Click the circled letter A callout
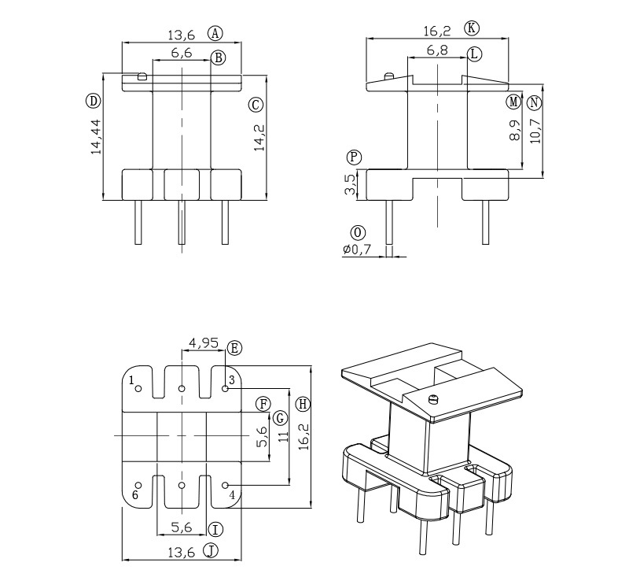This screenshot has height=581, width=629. point(215,33)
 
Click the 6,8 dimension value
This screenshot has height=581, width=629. point(438,51)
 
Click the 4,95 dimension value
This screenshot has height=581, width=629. point(204,342)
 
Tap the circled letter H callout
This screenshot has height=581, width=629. point(303,404)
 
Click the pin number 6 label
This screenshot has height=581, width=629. point(135,494)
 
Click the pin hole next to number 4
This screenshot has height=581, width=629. point(225,485)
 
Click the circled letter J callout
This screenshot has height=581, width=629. point(211,550)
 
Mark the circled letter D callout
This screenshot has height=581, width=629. point(94,100)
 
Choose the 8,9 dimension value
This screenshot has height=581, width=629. point(514,129)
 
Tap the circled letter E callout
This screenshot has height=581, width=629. point(234,347)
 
